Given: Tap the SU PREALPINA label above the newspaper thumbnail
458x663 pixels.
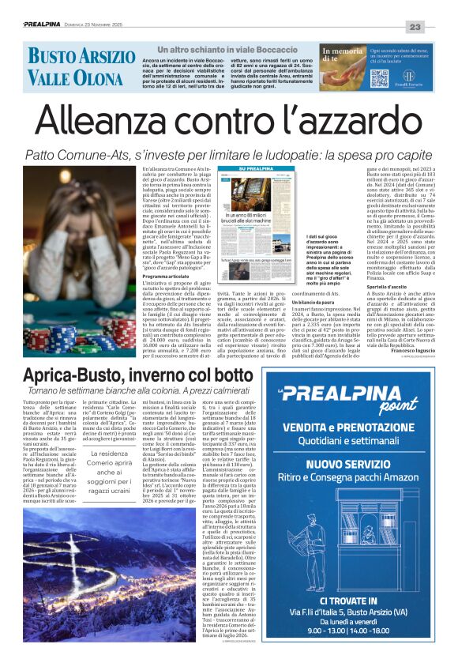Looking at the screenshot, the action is click(x=256, y=169).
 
